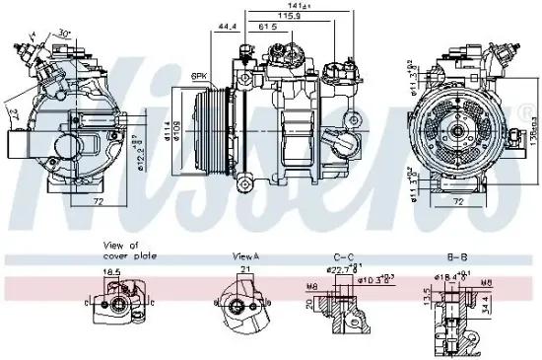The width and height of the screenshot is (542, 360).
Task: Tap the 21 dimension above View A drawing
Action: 240,272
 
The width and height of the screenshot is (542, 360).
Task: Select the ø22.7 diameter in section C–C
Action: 341,270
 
